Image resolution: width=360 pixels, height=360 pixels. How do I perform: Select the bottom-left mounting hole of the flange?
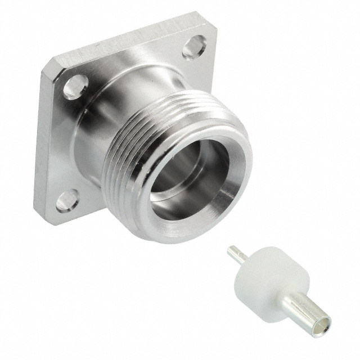pyautogui.click(x=66, y=200)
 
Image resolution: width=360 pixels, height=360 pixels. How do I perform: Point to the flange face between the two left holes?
pyautogui.click(x=62, y=146)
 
